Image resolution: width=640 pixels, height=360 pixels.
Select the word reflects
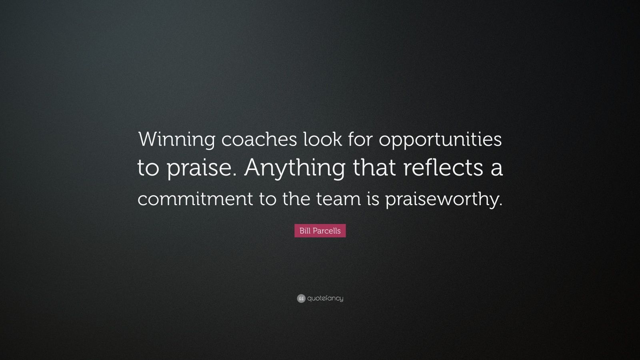442,168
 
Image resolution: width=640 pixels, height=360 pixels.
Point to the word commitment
195,199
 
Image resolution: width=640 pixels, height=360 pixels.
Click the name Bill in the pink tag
306,231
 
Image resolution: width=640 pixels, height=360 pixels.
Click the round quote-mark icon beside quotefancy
301,298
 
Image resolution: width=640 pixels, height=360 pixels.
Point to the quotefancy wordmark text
325,298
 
